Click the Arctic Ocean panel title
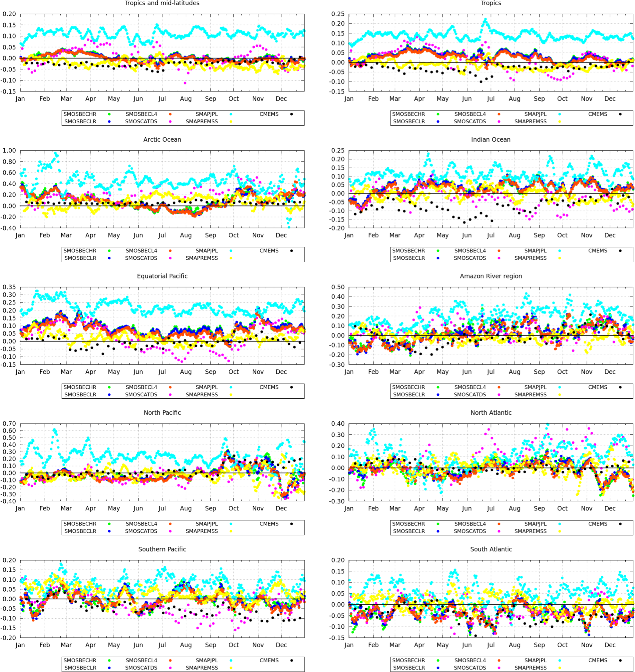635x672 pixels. tap(162, 139)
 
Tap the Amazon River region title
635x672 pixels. tap(491, 276)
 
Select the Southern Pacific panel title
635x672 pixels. tap(162, 549)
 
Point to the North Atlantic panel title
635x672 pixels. tap(491, 412)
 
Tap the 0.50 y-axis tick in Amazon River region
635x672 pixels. tap(338, 287)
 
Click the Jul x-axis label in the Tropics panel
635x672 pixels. tap(490, 99)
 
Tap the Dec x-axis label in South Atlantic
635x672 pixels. tap(610, 645)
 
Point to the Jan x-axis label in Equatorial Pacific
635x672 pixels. tap(20, 372)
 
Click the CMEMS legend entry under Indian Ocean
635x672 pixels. tap(598, 251)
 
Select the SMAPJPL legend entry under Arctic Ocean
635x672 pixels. tap(207, 251)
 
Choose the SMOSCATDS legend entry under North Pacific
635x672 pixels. tap(141, 531)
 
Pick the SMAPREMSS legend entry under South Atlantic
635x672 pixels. tap(530, 668)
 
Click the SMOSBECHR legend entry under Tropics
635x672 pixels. tap(409, 114)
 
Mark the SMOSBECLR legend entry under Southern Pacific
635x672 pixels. tap(80, 668)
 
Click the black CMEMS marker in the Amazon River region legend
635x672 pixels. tap(620, 387)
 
